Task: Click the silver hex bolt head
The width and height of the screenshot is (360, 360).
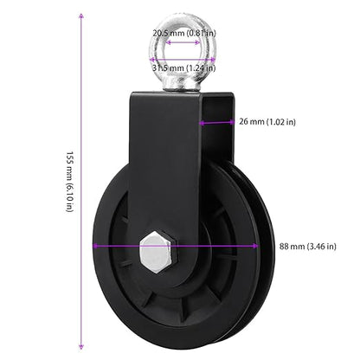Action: coord(158,252)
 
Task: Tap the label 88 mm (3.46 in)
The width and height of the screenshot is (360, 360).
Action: coord(307,247)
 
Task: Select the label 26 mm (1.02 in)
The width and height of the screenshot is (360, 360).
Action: coord(267,122)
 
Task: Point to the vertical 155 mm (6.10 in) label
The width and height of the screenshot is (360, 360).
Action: coord(70,182)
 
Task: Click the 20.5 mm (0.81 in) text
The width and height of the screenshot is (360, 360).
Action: coord(184,33)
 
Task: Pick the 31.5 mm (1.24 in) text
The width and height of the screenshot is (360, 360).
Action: coord(183,68)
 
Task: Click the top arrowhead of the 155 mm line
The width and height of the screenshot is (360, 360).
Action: coord(81,16)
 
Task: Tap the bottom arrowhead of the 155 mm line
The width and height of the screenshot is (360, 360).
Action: coord(81,346)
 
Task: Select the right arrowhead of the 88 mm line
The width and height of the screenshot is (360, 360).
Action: coord(255,246)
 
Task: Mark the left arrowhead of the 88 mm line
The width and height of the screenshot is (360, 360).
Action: coord(96,246)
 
